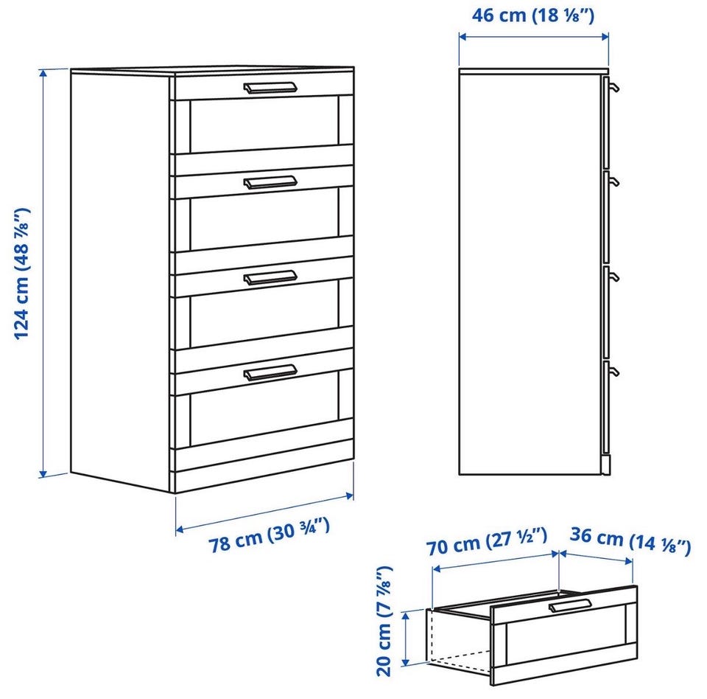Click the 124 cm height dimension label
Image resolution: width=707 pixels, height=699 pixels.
pos(22,274)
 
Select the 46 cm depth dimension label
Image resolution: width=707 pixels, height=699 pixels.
pos(533,15)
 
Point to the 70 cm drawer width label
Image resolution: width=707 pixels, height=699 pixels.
pos(487,541)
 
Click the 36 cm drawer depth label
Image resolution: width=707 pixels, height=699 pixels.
pos(630,540)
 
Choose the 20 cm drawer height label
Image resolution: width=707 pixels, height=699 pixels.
pos(384,621)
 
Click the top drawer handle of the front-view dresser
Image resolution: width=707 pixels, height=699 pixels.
pos(270,88)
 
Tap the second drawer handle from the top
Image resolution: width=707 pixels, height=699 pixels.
pos(270,182)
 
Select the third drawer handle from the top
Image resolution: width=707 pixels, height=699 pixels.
pos(270,278)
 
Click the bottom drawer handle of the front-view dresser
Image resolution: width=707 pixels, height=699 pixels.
pos(270,372)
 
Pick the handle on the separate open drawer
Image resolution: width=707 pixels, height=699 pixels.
pos(570,605)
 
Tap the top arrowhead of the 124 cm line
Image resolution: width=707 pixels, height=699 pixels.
pos(43,73)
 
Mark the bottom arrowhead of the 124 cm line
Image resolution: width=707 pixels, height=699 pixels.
pos(43,473)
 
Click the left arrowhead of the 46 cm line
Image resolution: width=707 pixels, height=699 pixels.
pos(463,37)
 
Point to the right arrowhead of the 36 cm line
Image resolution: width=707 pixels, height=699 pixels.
pos(628,562)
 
